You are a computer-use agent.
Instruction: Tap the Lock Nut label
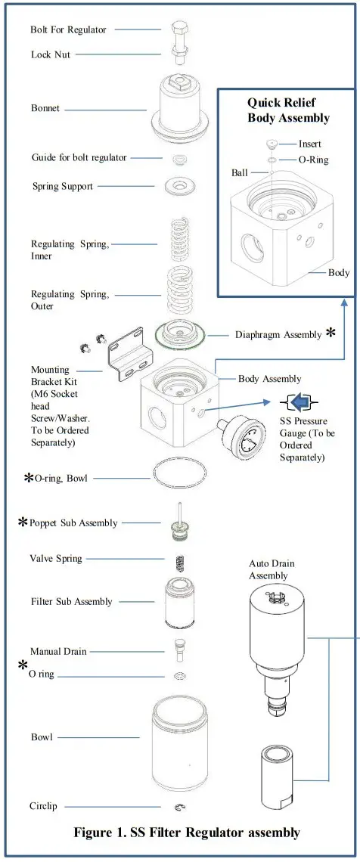51,54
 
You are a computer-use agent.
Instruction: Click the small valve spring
179,563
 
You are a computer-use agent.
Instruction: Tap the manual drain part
179,650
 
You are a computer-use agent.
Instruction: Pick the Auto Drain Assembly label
272,569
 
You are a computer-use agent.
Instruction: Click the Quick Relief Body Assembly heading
288,110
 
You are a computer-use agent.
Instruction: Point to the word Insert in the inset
309,144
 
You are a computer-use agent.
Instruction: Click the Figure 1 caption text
186,833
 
